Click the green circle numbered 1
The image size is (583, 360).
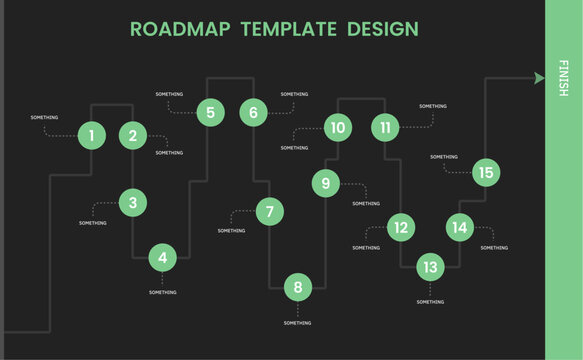(91, 135)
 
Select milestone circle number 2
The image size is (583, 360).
(133, 135)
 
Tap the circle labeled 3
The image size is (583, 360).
(133, 203)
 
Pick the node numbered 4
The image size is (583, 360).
(162, 257)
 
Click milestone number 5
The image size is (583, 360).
(210, 112)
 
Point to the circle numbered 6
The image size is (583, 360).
(254, 112)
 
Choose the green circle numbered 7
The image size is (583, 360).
(269, 212)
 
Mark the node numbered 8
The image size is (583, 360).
(298, 288)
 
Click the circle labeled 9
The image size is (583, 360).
(325, 183)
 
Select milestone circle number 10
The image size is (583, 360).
(338, 127)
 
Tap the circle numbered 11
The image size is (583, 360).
(385, 127)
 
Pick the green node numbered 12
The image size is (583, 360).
(400, 228)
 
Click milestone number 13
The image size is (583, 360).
(430, 267)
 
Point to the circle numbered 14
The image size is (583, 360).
(459, 228)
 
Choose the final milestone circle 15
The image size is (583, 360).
(486, 173)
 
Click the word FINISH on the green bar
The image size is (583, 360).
(564, 77)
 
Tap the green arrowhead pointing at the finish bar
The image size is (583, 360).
(540, 77)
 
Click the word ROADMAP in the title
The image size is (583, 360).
(176, 28)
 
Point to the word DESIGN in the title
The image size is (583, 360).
(380, 28)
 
